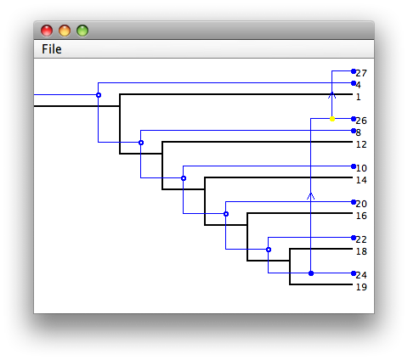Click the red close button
[47, 31]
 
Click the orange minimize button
[65, 31]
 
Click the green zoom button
[82, 31]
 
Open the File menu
[52, 49]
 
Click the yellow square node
[332, 119]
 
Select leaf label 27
[361, 73]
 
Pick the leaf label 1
[359, 97]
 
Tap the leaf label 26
[361, 121]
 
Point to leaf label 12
[361, 144]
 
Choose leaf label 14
[361, 180]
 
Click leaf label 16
[361, 216]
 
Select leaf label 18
[361, 251]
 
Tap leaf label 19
[361, 287]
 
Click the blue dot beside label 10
[354, 166]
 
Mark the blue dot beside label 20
[354, 202]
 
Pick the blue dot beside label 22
[354, 238]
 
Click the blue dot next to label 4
[354, 83]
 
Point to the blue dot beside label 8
[354, 131]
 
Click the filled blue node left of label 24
[311, 273]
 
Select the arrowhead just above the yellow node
[332, 95]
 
